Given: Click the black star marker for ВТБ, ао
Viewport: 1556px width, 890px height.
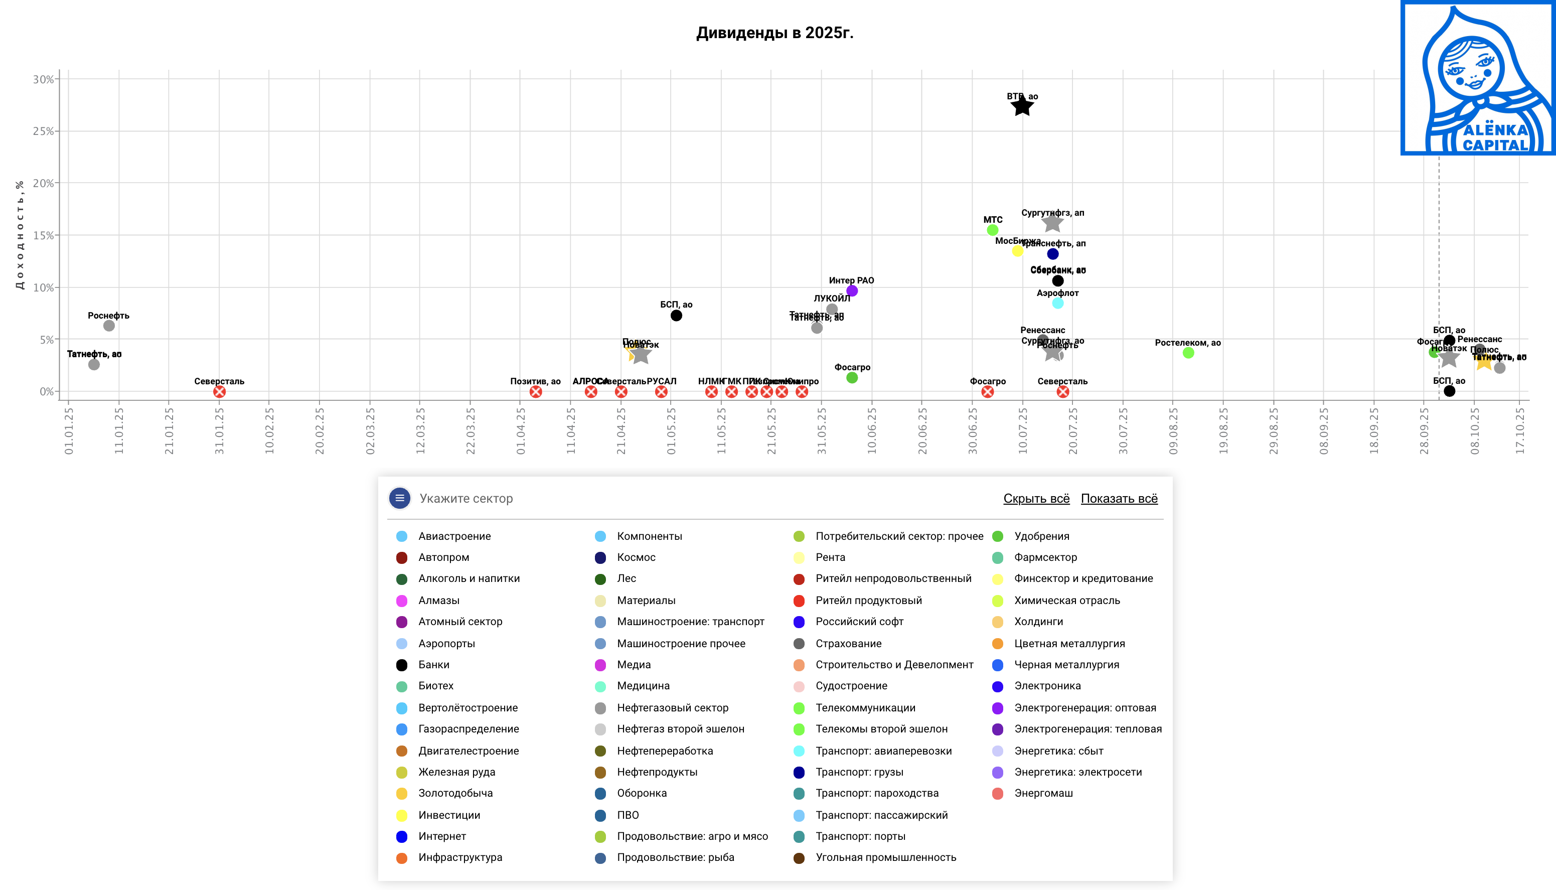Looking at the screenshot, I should pyautogui.click(x=1022, y=107).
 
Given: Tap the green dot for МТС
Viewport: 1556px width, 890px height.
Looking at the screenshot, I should pyautogui.click(x=993, y=230).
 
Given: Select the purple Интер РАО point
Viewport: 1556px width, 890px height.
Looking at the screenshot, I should pyautogui.click(x=852, y=291).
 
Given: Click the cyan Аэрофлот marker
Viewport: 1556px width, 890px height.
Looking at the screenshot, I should pyautogui.click(x=1058, y=303).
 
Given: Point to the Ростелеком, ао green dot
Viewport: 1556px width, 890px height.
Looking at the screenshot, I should pyautogui.click(x=1188, y=353).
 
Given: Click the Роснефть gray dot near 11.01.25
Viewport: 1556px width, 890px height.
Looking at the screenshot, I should pyautogui.click(x=109, y=326).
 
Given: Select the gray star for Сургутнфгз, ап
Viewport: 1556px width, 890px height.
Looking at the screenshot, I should pyautogui.click(x=1052, y=223).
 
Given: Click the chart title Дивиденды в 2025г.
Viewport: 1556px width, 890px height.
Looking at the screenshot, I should pyautogui.click(x=774, y=33).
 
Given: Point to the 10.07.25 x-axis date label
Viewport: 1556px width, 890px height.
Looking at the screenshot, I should pyautogui.click(x=1022, y=431).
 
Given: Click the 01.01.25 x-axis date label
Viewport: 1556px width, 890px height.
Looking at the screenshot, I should pyautogui.click(x=68, y=431).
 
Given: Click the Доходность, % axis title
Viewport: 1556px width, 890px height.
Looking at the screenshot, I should pyautogui.click(x=20, y=235).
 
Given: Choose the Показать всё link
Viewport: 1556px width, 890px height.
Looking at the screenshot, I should pyautogui.click(x=1119, y=499).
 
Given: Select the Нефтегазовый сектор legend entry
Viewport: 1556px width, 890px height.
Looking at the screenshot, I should pyautogui.click(x=672, y=708).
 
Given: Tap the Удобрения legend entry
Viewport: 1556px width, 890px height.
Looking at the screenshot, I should pyautogui.click(x=1041, y=536).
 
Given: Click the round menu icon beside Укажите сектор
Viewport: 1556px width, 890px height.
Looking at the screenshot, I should pyautogui.click(x=400, y=498).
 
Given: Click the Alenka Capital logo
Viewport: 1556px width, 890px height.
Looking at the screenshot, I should pyautogui.click(x=1478, y=78).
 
